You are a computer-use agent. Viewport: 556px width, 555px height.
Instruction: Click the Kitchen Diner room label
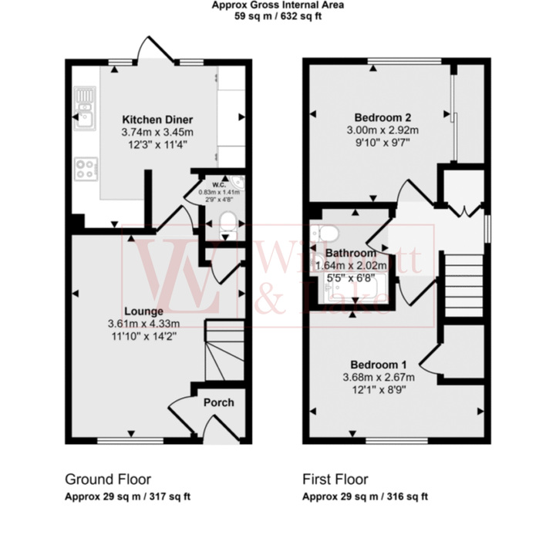[157, 119]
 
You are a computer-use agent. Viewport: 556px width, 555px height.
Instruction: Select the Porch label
[218, 402]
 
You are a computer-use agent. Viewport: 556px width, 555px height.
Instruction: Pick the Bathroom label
[350, 253]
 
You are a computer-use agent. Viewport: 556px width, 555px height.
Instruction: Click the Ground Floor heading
[107, 479]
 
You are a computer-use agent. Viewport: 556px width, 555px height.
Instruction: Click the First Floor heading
[335, 479]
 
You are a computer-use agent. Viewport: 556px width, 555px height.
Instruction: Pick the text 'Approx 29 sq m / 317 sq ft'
[126, 496]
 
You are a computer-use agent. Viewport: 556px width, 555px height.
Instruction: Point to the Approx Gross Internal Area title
[278, 5]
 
